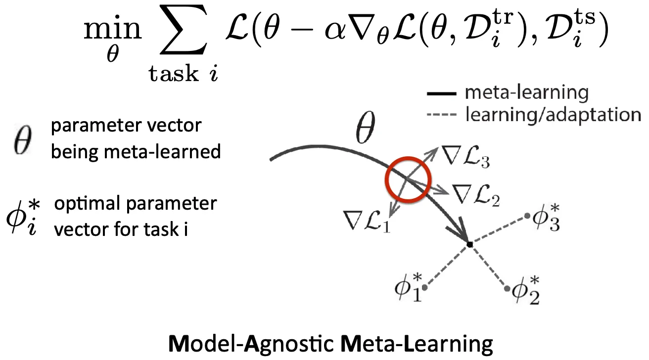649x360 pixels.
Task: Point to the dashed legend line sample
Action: tap(438, 115)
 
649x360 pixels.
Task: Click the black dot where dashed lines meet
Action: tap(469, 244)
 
